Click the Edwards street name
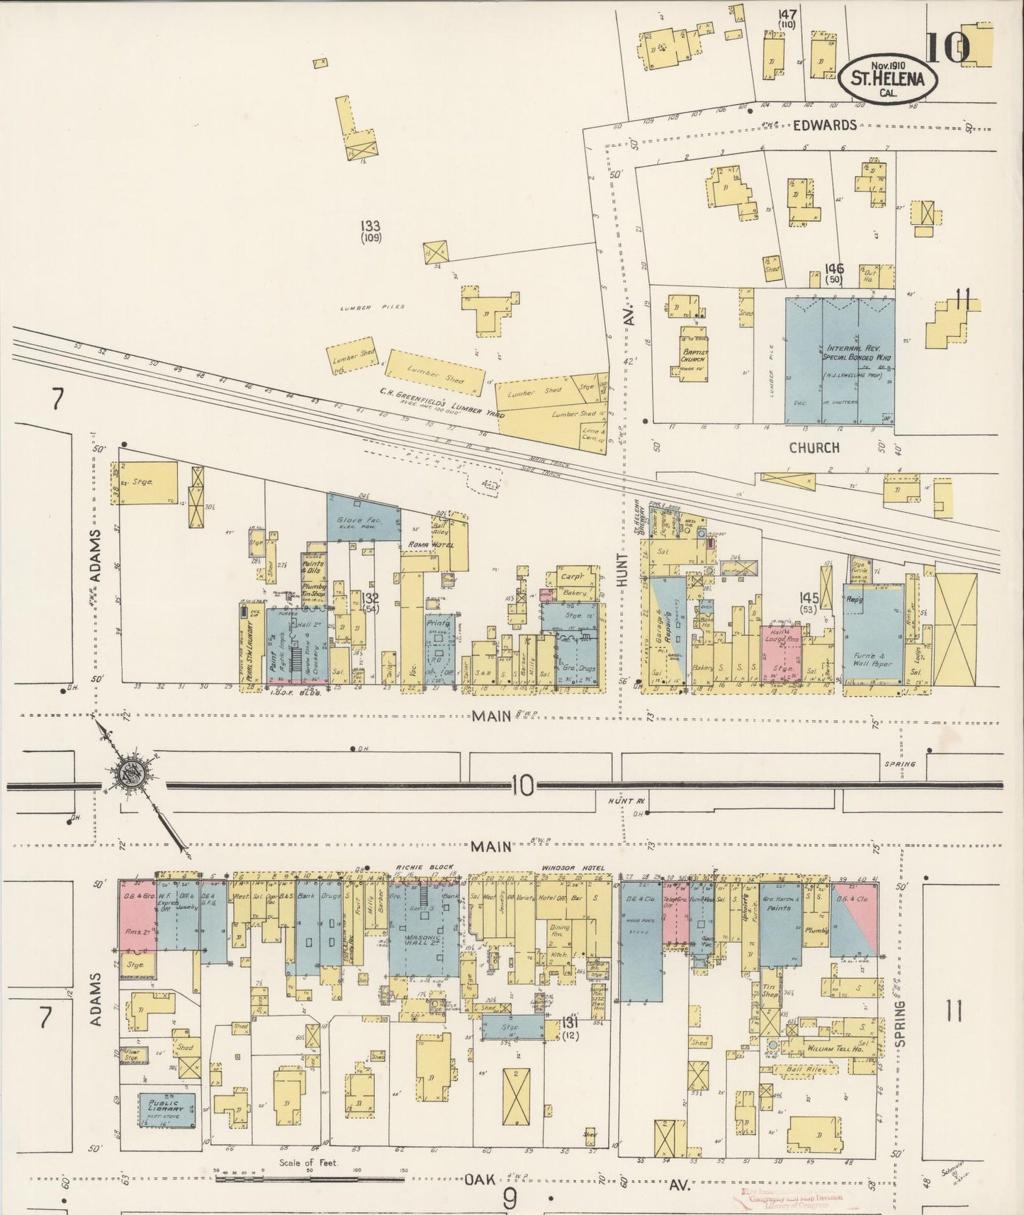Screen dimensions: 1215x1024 coord(824,125)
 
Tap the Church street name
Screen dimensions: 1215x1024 coord(814,447)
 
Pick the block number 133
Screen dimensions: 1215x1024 coord(370,226)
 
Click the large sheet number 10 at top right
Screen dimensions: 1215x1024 coord(947,48)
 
